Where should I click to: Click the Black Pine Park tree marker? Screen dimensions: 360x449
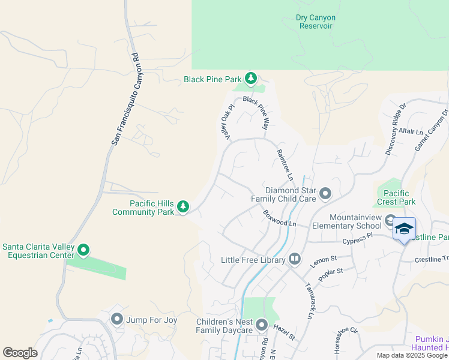pyautogui.click(x=251, y=79)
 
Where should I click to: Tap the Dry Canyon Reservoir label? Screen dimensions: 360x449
pyautogui.click(x=316, y=22)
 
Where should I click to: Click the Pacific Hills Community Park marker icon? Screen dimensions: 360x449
pyautogui.click(x=183, y=208)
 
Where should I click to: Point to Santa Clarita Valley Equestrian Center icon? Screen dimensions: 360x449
pyautogui.click(x=84, y=250)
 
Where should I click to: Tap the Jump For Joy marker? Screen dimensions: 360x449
pyautogui.click(x=116, y=320)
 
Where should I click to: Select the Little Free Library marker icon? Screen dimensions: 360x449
pyautogui.click(x=295, y=259)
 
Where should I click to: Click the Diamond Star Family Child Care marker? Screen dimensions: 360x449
pyautogui.click(x=325, y=193)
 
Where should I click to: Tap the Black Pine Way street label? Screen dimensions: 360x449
pyautogui.click(x=255, y=113)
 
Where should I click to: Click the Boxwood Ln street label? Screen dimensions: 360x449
pyautogui.click(x=279, y=218)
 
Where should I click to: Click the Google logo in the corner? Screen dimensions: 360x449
pyautogui.click(x=20, y=353)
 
